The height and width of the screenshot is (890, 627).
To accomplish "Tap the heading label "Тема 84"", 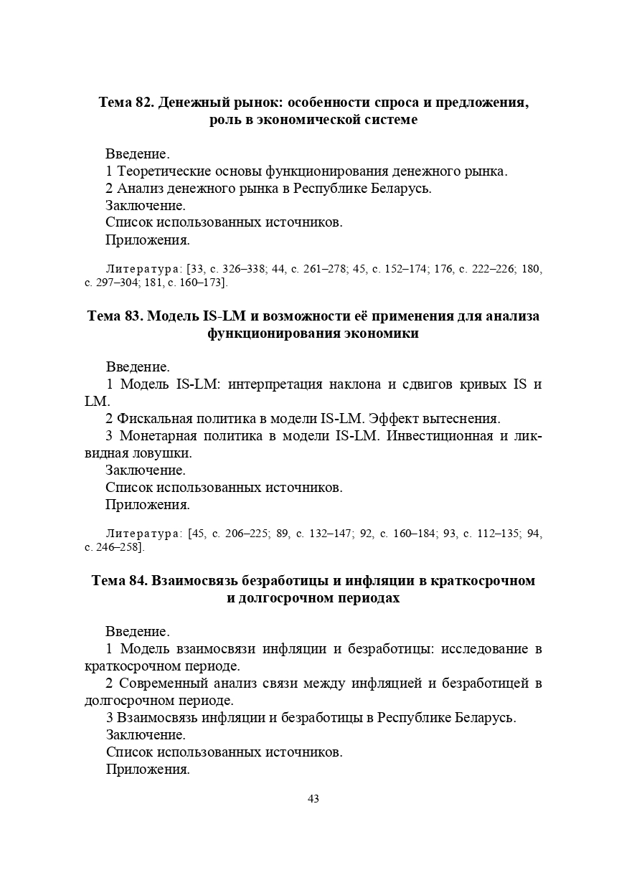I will [x=118, y=580].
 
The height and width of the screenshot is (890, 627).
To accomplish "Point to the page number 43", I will [x=313, y=799].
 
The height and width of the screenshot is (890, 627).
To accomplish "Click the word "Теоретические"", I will [x=164, y=171].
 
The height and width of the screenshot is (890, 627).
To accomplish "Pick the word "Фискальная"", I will [x=151, y=419].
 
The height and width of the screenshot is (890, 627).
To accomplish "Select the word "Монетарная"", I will [x=154, y=436].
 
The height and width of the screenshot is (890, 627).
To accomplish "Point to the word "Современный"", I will [x=165, y=683].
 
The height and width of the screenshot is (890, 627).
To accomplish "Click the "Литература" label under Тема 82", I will [x=143, y=269].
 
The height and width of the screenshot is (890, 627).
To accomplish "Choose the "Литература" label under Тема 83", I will [x=143, y=534].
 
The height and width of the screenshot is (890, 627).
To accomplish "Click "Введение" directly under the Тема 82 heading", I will [x=137, y=154].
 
